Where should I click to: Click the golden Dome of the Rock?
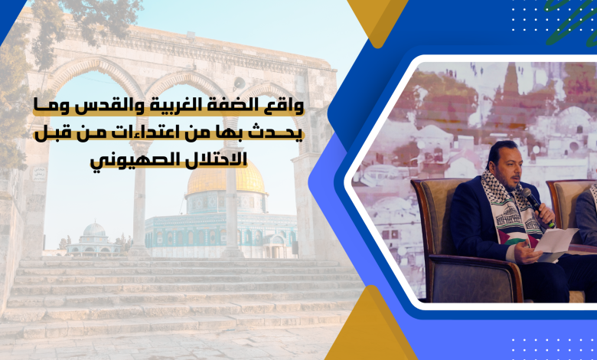point(226,178)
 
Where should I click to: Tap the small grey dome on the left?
point(94,229)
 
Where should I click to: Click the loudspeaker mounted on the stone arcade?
point(239,82)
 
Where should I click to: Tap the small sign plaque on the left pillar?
point(39,173)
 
